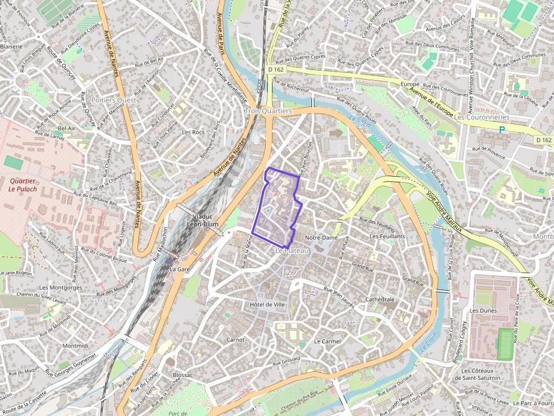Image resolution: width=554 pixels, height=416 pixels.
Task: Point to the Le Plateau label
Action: pyautogui.click(x=292, y=249)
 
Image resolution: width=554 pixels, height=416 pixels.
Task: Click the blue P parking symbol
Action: pyautogui.click(x=501, y=130)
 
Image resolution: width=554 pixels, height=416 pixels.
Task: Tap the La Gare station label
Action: pyautogui.click(x=180, y=269)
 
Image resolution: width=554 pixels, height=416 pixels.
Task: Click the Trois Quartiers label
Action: pyautogui.click(x=268, y=111)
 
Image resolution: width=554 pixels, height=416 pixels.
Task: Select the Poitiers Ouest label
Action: pyautogui.click(x=113, y=100)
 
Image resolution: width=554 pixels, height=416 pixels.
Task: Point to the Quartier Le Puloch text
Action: pyautogui.click(x=23, y=185)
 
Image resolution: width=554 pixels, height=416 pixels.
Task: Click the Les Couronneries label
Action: pyautogui.click(x=482, y=117)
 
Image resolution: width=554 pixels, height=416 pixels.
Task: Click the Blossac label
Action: pyautogui.click(x=183, y=375)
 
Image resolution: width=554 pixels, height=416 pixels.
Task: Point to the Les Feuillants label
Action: pyautogui.click(x=387, y=236)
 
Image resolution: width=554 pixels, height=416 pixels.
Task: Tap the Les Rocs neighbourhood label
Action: pyautogui.click(x=193, y=132)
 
